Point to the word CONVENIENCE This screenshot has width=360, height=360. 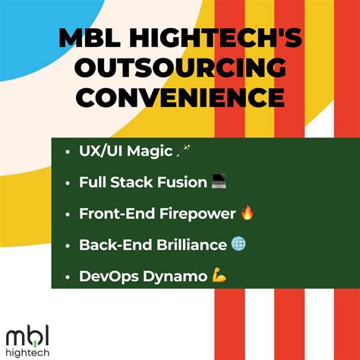(x=179, y=99)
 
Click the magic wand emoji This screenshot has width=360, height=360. (x=183, y=152)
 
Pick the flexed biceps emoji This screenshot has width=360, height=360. (x=218, y=276)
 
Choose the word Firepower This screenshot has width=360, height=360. (x=197, y=213)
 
